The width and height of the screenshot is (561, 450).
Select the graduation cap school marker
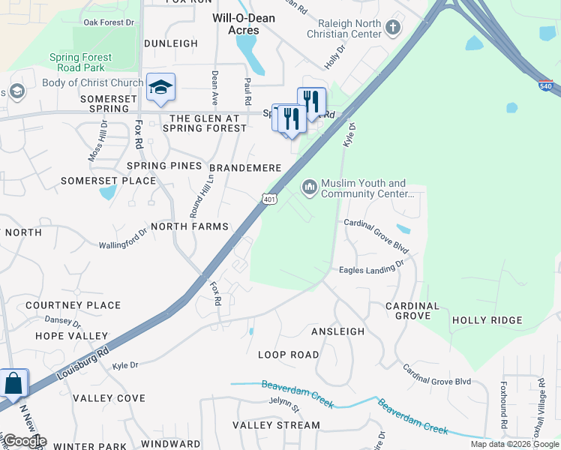pos(160,87)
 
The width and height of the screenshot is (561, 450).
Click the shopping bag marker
pos(14,383)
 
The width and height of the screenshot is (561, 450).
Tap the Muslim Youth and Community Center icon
pos(309,187)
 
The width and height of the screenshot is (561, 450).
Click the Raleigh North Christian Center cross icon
pos(391,28)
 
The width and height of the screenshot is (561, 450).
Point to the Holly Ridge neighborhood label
pos(487,320)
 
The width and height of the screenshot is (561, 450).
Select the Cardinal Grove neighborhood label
pos(412,311)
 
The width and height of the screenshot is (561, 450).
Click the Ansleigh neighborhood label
pos(337,331)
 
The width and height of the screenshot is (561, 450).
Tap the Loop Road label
pos(288,354)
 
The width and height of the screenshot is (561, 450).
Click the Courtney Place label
pos(73,305)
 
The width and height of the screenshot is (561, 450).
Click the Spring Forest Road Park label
pos(80,62)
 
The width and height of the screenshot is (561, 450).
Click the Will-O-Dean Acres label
pos(244,24)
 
